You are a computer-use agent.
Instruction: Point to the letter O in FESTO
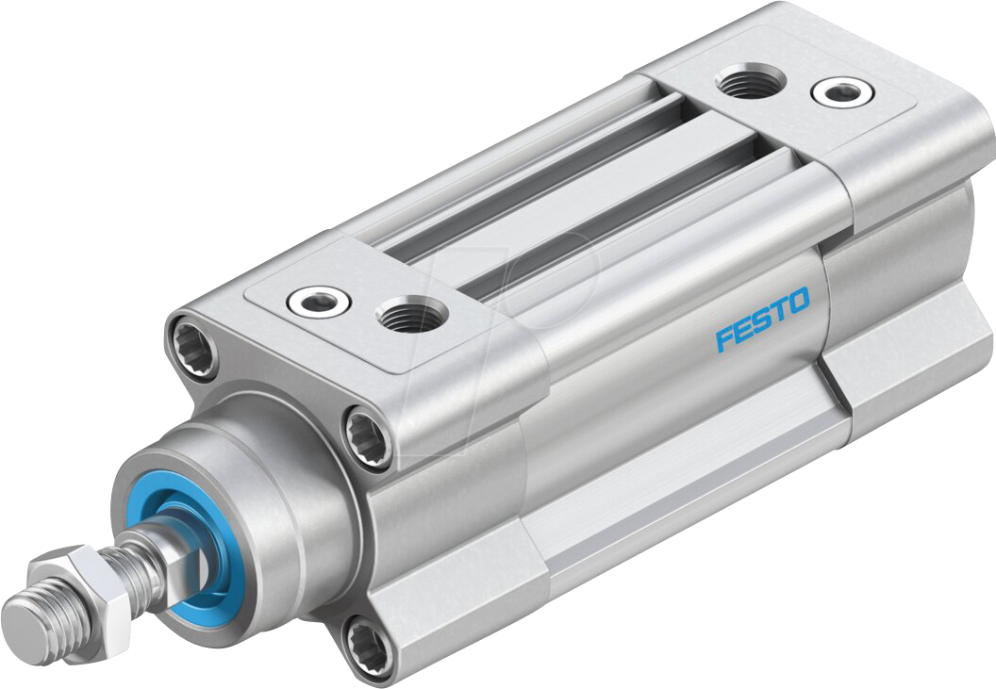point(797,303)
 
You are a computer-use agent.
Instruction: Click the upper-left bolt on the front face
point(191,347)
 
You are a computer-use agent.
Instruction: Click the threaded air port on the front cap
point(412,317)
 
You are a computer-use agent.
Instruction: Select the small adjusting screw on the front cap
point(320,301)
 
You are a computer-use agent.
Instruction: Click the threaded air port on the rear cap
point(746,83)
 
